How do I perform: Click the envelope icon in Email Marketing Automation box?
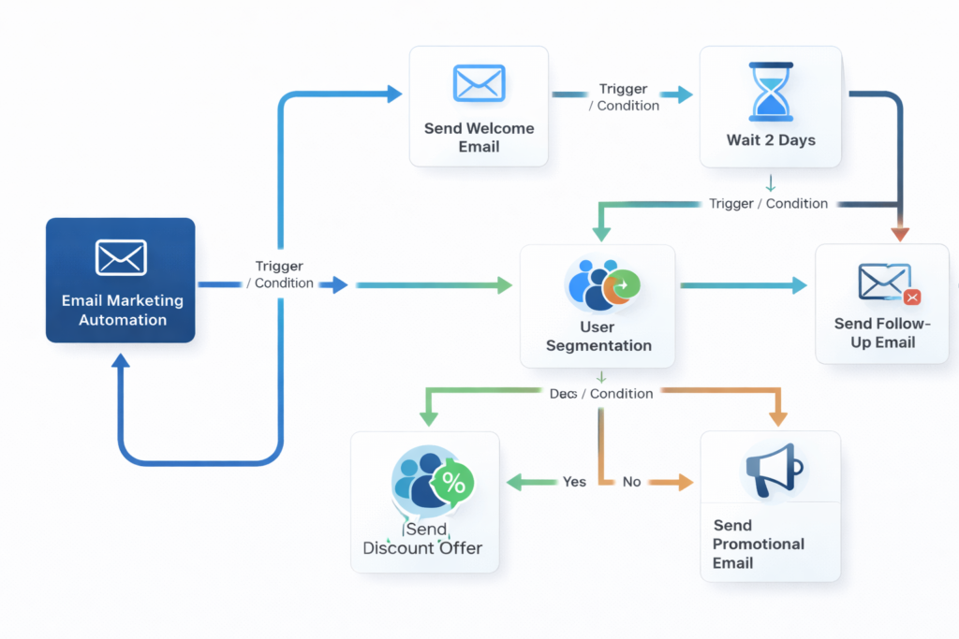click(121, 257)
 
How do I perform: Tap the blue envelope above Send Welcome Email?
click(479, 83)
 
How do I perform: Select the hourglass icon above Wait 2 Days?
click(771, 92)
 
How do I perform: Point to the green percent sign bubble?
click(452, 483)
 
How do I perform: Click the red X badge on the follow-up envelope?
click(912, 298)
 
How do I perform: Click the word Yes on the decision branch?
click(574, 482)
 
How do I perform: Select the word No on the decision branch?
click(631, 482)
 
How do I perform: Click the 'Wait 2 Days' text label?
click(771, 140)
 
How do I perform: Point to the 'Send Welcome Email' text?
click(479, 138)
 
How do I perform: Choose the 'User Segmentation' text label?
click(598, 336)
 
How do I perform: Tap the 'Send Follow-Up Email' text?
click(881, 333)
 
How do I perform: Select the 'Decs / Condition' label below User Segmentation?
click(600, 394)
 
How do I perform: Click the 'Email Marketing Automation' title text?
click(122, 311)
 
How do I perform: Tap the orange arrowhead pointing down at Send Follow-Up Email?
click(900, 233)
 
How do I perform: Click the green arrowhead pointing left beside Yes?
click(514, 482)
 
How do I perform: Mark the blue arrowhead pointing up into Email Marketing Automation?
click(121, 363)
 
